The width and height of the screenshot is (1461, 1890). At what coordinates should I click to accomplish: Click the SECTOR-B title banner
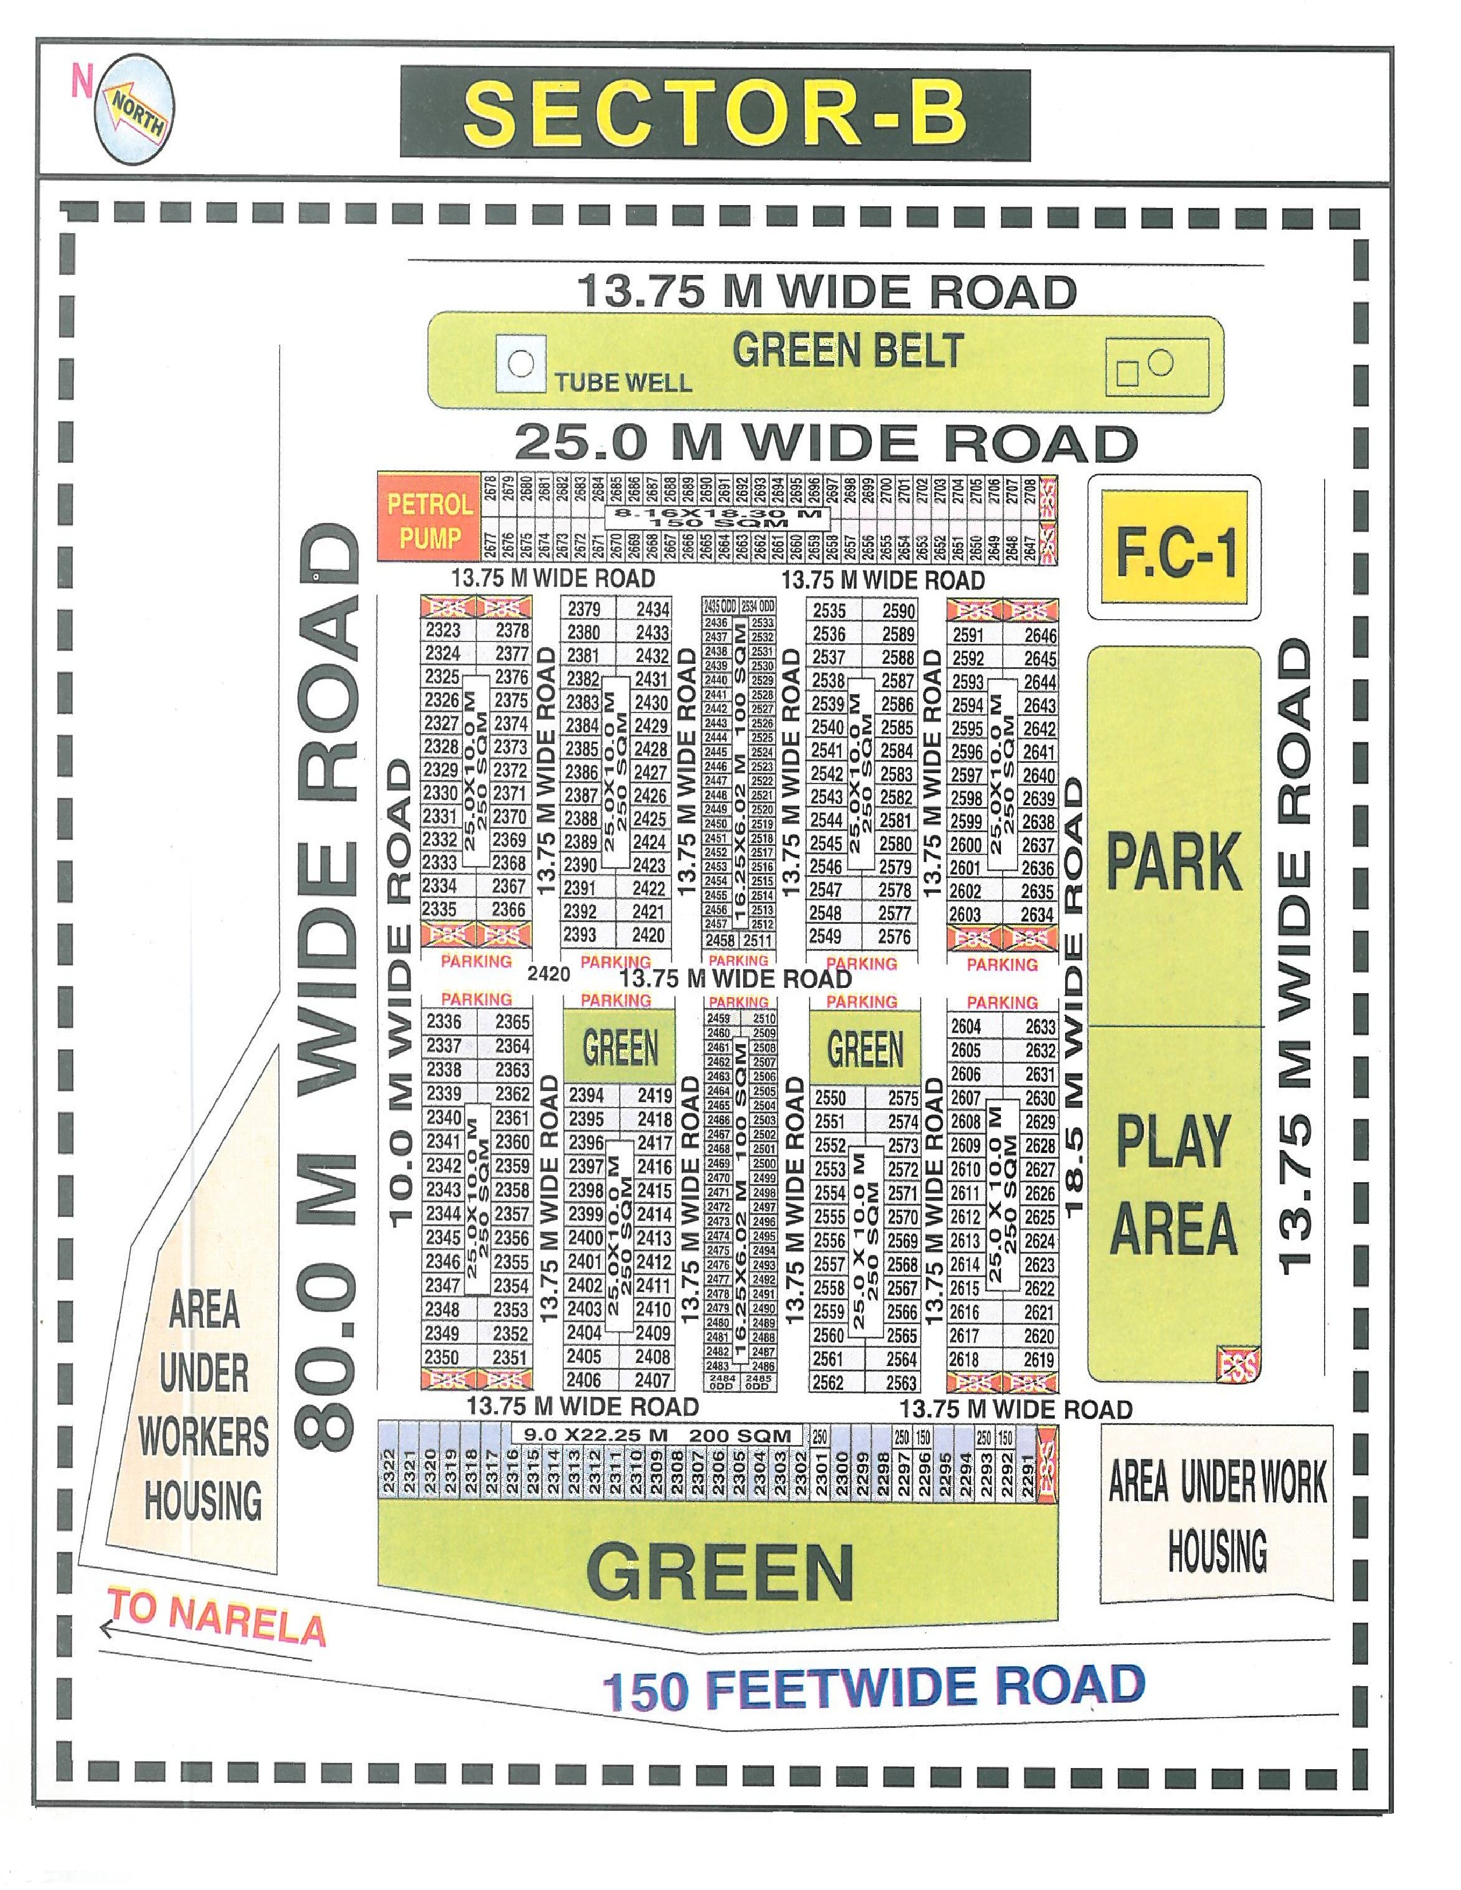pos(715,114)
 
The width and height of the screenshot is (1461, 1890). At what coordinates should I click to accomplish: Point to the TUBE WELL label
pos(623,383)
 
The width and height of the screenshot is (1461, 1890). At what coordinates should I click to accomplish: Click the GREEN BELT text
pos(847,351)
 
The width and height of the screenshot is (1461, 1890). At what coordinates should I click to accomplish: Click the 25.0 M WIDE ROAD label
pos(825,443)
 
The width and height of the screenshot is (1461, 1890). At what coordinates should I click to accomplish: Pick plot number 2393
pos(580,935)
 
